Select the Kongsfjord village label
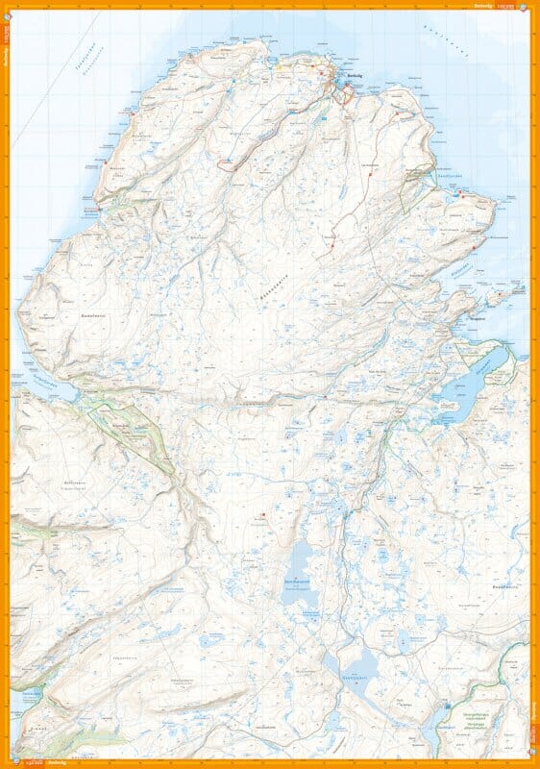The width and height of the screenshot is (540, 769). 476,313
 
